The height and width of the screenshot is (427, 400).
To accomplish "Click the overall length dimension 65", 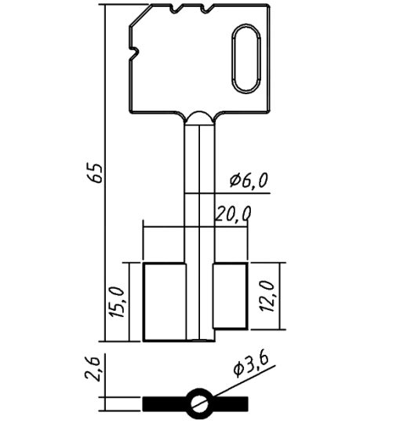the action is coord(95,173).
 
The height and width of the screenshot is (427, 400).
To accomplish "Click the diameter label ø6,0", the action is coord(249,181).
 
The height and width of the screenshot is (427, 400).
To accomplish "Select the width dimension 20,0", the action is coord(233,214).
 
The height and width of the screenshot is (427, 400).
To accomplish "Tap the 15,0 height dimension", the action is coord(117,301).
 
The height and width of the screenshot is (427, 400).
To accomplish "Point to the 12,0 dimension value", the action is coord(267,296).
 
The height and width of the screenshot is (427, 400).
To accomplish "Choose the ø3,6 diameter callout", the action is coord(252,365).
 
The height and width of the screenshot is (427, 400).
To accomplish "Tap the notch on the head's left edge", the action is coord(133,52).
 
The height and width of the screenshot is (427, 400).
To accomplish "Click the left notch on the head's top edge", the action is coord(176,9).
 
